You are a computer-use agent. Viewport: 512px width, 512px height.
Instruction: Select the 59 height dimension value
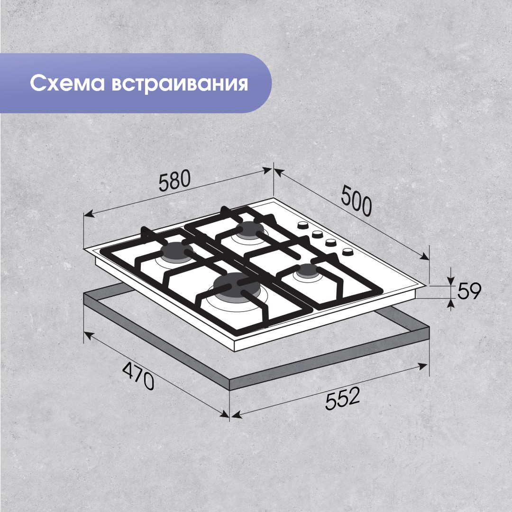click(x=469, y=291)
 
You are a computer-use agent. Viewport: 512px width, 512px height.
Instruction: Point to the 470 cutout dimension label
click(x=137, y=375)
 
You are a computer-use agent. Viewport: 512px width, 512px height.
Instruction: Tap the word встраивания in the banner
click(x=180, y=83)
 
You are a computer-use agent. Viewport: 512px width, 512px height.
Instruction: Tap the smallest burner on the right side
click(x=307, y=272)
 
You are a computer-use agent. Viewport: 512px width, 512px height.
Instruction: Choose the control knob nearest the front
click(x=347, y=252)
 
